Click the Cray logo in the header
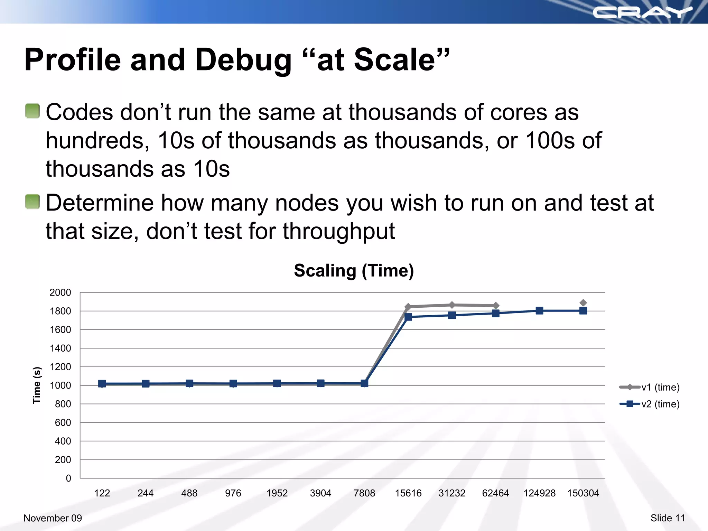[642, 13]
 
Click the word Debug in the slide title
[243, 60]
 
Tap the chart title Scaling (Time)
[354, 270]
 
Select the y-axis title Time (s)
[37, 385]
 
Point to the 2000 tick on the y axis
[60, 292]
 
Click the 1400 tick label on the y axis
[60, 348]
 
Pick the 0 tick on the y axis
[68, 478]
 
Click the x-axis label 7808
[364, 493]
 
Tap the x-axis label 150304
[583, 493]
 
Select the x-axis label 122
[102, 493]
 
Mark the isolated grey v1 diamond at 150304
[583, 303]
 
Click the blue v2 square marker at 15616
[408, 317]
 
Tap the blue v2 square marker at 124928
[539, 310]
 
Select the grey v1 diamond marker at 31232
[452, 305]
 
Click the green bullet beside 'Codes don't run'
[32, 111]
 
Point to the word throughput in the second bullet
[339, 232]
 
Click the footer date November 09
[53, 518]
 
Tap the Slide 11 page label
[668, 518]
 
